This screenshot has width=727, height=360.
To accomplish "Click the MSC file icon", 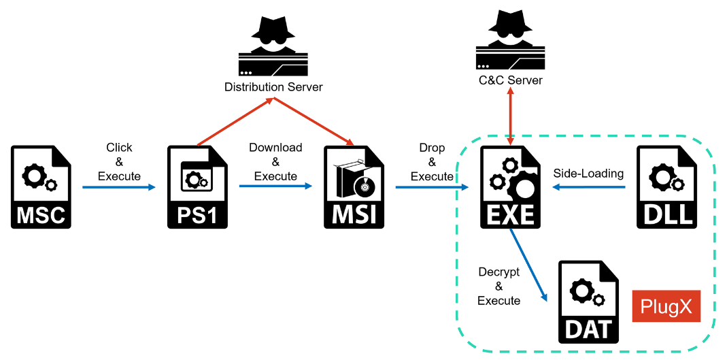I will [41, 186].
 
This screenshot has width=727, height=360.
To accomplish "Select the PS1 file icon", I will [198, 186].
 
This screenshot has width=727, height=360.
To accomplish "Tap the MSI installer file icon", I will [353, 186].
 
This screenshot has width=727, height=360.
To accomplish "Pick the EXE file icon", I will [510, 186].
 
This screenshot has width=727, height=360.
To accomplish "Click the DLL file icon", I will [666, 186].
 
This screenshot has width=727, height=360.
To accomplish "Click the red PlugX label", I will [666, 307].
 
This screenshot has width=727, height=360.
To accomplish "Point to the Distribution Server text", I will [273, 87].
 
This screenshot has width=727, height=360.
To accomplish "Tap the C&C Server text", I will [510, 80].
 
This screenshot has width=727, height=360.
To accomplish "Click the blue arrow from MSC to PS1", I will [119, 186].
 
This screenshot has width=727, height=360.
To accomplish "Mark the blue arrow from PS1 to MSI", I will [275, 186].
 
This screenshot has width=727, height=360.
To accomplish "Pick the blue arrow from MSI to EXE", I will [432, 186].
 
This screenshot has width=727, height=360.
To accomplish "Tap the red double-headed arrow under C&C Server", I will [510, 116].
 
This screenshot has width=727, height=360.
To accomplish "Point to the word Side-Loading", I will [588, 174].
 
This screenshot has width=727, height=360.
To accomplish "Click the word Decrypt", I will [498, 272].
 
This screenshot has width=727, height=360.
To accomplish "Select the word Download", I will [275, 148].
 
